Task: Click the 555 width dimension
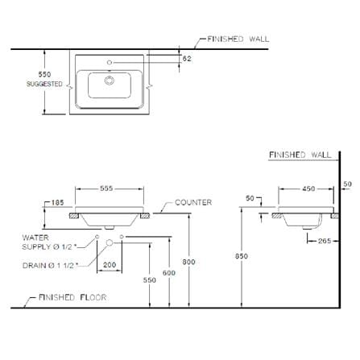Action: pyautogui.click(x=106, y=188)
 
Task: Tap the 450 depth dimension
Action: pyautogui.click(x=308, y=188)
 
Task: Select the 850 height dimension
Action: pyautogui.click(x=242, y=256)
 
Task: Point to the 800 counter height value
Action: pyautogui.click(x=188, y=262)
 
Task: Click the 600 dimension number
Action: pyautogui.click(x=169, y=273)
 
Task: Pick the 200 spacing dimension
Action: pyautogui.click(x=110, y=265)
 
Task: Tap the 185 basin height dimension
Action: pyautogui.click(x=57, y=202)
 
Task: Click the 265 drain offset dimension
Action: pyautogui.click(x=325, y=241)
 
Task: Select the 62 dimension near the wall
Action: pyautogui.click(x=187, y=58)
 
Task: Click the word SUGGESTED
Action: pyautogui.click(x=44, y=84)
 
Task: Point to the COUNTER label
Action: pyautogui.click(x=193, y=202)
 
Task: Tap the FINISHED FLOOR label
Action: pyautogui.click(x=72, y=297)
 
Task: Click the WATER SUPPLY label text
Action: pyautogui.click(x=48, y=242)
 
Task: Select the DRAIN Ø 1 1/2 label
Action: pyautogui.click(x=50, y=266)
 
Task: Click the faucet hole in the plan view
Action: pyautogui.click(x=110, y=63)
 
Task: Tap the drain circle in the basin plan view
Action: pyautogui.click(x=110, y=81)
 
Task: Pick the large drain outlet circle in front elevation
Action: pyautogui.click(x=110, y=243)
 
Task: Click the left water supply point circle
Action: pyautogui.click(x=97, y=237)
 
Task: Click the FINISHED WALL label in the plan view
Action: pyautogui.click(x=238, y=39)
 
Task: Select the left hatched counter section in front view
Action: pyautogui.click(x=74, y=216)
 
